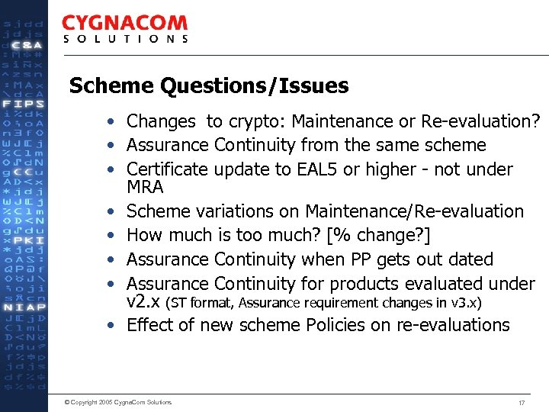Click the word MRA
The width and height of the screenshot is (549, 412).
pyautogui.click(x=145, y=187)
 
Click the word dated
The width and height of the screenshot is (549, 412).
pyautogui.click(x=471, y=260)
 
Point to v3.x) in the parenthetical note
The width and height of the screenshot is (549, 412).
pyautogui.click(x=465, y=303)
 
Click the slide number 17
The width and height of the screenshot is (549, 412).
pyautogui.click(x=522, y=402)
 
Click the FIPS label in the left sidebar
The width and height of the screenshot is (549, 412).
pyautogui.click(x=24, y=103)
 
